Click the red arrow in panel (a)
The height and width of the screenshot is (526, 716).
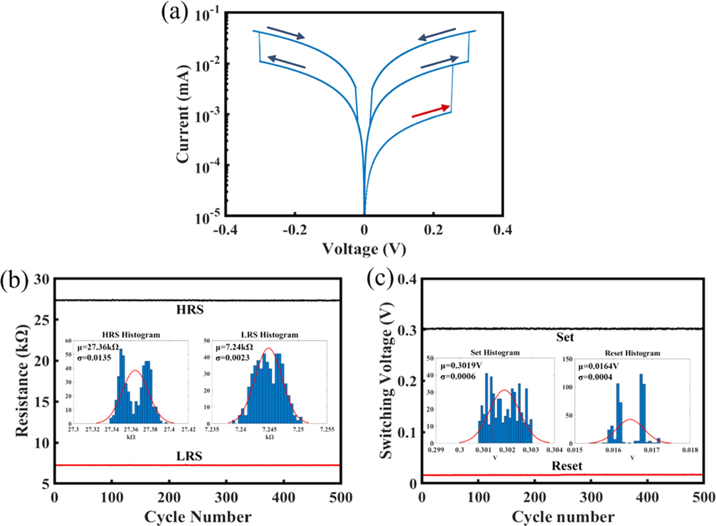tap(431, 111)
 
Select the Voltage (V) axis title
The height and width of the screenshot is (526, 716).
tap(364, 249)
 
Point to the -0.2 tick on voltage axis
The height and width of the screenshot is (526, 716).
tap(295, 230)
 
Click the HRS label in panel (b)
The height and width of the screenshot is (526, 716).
tap(190, 310)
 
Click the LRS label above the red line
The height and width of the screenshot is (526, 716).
tap(189, 456)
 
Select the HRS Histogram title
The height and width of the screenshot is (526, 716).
tap(131, 335)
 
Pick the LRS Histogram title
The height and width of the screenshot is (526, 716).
tap(270, 335)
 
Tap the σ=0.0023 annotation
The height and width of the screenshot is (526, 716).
tap(232, 357)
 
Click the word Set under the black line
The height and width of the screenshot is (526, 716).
tap(565, 337)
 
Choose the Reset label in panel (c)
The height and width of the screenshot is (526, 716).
tap(567, 466)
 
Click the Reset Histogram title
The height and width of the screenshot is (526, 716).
tap(632, 353)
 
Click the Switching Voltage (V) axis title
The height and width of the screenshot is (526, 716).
tap(387, 382)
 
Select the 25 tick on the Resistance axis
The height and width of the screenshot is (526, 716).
tap(41, 320)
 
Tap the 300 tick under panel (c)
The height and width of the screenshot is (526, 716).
tap(591, 498)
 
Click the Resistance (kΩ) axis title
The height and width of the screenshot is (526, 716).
tap(22, 380)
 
